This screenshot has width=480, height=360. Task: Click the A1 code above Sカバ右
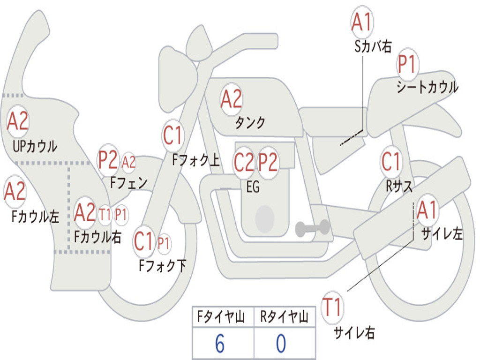[361, 22]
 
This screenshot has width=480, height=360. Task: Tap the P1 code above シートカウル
[407, 64]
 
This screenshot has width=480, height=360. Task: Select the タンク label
[250, 123]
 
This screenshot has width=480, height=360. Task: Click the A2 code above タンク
[231, 98]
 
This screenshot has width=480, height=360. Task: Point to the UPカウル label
[35, 146]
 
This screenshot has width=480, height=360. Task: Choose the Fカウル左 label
[36, 217]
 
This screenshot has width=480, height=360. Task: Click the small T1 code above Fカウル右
[105, 215]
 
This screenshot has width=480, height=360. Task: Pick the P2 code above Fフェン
[107, 160]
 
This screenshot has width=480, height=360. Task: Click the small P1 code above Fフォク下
[164, 243]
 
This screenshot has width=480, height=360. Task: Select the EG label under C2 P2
[253, 187]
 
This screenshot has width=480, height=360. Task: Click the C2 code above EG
[243, 162]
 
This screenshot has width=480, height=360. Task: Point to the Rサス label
[399, 186]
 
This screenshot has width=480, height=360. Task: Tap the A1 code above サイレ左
[427, 210]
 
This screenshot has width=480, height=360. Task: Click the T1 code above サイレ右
[332, 308]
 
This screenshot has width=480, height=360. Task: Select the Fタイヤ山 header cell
[222, 318]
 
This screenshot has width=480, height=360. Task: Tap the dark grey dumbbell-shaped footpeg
[312, 228]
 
